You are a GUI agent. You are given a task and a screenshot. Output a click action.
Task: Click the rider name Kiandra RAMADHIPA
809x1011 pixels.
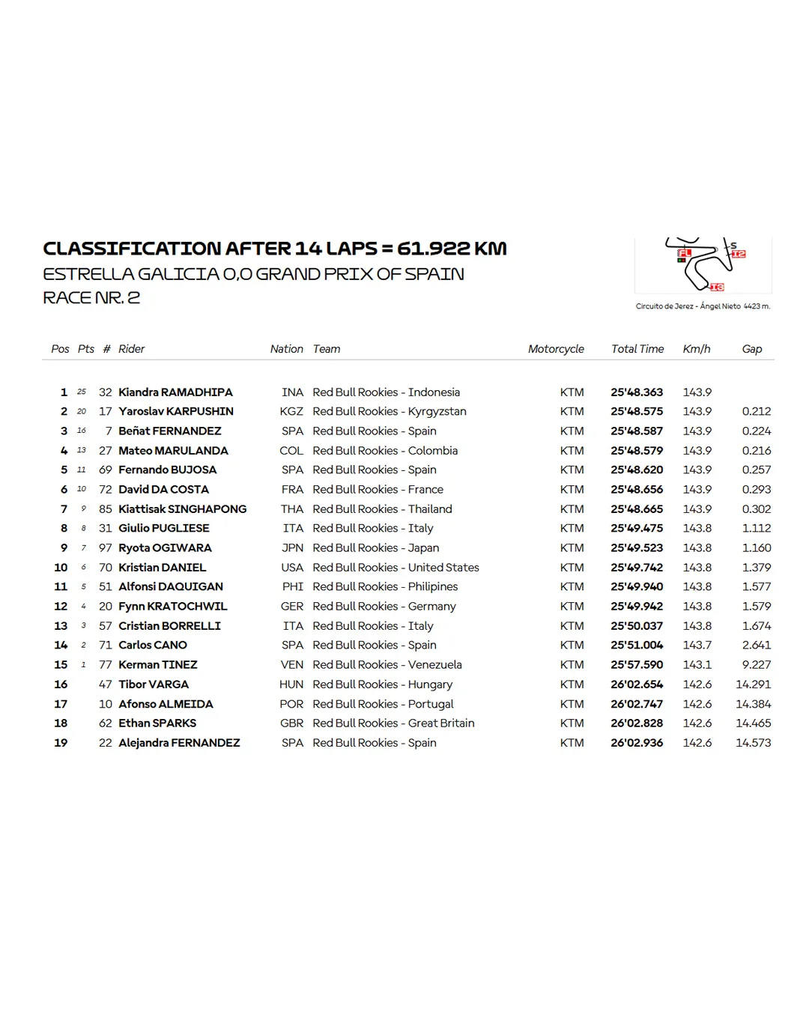pos(175,392)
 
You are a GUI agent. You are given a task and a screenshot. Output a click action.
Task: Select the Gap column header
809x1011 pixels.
pos(751,349)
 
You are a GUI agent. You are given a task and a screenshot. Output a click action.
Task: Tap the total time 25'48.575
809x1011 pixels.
pos(636,412)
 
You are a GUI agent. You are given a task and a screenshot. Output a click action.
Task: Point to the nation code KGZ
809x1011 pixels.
pos(291,412)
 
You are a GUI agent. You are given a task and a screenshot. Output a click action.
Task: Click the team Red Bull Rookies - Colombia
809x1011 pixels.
pos(385,451)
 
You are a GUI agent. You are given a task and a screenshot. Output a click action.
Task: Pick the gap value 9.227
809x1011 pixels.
pos(756,665)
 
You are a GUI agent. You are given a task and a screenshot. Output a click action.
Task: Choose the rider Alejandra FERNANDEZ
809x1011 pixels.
pos(179,743)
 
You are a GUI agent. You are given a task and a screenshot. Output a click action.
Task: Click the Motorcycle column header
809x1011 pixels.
pos(556,349)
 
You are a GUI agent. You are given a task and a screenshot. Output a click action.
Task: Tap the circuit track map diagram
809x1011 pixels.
pos(703,265)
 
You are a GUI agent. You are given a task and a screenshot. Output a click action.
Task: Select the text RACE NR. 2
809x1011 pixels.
pos(91,298)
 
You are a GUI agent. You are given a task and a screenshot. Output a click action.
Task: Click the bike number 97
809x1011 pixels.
pos(105,548)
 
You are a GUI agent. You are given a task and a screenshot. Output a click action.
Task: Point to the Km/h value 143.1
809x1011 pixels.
pos(697,665)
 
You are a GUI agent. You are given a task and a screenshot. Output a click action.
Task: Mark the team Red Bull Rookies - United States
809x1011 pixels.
pos(396,568)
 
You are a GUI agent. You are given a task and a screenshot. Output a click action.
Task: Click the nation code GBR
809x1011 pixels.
pos(291,723)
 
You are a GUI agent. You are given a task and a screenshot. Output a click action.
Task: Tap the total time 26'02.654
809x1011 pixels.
pos(636,684)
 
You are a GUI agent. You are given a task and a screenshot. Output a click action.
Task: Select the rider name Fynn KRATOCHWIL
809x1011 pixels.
pos(172,607)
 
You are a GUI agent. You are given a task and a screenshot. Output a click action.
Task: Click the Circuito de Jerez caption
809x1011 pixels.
pos(703,306)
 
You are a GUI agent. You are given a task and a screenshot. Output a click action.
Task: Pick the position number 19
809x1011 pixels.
pos(61,743)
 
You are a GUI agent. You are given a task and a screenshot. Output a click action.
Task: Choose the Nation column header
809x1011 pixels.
pos(286,349)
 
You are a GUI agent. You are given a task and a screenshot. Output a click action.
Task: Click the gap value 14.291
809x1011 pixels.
pos(753,684)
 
